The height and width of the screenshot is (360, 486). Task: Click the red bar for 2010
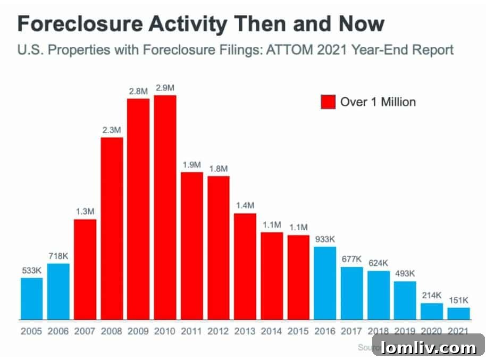coord(165,207)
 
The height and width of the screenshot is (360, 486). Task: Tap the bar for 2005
coord(31,298)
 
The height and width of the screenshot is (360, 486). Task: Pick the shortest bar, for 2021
coord(458,313)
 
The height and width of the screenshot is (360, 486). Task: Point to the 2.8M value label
coord(138,91)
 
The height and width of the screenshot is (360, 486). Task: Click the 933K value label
coord(325,239)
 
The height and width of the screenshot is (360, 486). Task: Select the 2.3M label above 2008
coord(112,130)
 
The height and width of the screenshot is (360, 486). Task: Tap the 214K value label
coord(431,296)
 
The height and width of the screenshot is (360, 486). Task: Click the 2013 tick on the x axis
coord(245,331)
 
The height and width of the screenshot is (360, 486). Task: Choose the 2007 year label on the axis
coord(85,331)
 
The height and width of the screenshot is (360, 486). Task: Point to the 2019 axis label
coord(405,331)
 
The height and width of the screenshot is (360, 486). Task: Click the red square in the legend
coord(328,102)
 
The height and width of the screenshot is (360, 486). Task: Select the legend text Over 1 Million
coord(378,102)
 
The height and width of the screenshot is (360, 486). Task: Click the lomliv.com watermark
coord(428,348)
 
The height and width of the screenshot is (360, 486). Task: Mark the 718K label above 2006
coord(58,256)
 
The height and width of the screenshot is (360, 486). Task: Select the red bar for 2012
coord(219,247)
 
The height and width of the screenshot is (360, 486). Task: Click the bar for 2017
coord(351,293)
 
